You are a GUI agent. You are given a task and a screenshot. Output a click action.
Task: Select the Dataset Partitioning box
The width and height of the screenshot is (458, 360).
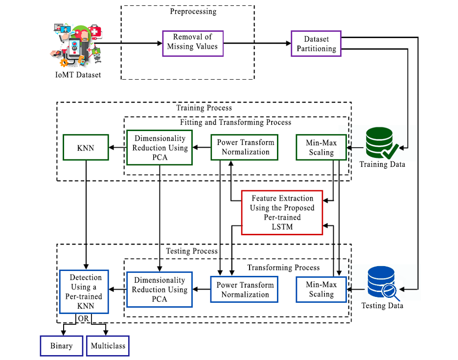tap(316, 44)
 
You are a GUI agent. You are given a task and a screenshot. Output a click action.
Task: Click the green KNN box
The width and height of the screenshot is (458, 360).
tap(86, 147)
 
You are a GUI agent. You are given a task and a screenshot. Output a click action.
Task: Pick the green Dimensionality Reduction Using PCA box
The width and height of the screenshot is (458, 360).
tap(160, 147)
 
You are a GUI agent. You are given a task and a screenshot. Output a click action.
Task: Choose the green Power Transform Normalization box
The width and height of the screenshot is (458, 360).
tap(245, 147)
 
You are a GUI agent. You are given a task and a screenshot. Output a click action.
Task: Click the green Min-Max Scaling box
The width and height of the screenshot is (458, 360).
tap(321, 147)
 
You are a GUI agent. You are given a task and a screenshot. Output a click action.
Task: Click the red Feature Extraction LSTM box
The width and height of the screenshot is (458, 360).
tap(282, 212)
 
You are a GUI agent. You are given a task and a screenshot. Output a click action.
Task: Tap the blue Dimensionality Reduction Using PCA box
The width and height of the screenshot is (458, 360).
tap(159, 289)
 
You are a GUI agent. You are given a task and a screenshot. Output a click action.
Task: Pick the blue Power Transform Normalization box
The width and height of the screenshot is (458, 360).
tap(245, 289)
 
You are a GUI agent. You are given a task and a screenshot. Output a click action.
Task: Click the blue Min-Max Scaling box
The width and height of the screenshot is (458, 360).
tap(321, 289)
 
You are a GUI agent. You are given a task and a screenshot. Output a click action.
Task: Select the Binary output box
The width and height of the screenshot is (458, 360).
tap(61, 346)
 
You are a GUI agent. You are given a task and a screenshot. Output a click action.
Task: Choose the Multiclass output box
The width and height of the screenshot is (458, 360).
tap(108, 346)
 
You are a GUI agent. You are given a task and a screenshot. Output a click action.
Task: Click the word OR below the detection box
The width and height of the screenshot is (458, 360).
tap(83, 318)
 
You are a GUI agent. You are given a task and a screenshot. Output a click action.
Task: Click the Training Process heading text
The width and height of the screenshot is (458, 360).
tap(204, 107)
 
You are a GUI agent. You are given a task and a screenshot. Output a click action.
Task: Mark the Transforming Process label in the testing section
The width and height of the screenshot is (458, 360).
tap(283, 268)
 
